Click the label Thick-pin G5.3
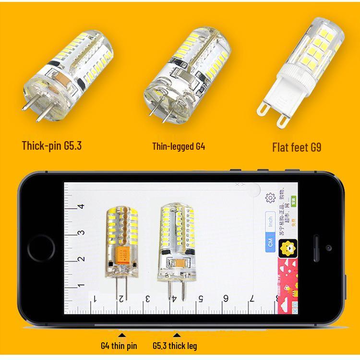52,145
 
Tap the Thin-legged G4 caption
179,146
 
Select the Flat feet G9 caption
297,146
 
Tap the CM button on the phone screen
271,244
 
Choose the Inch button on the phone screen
271,221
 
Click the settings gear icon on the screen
270,197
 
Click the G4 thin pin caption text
119,346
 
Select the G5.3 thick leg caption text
175,346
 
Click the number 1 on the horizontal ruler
95,299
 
